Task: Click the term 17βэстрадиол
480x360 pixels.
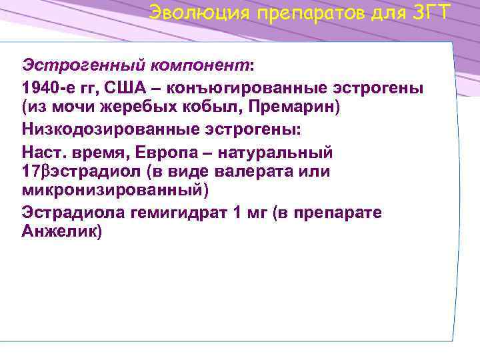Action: click(x=85, y=172)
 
